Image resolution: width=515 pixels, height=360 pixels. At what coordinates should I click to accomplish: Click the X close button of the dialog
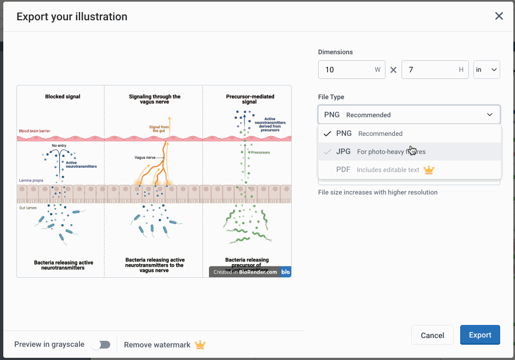499,16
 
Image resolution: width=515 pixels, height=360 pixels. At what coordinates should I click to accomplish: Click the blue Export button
480,335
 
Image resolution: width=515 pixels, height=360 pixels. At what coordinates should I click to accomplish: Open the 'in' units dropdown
486,70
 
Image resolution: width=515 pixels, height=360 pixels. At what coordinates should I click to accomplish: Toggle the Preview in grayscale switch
101,345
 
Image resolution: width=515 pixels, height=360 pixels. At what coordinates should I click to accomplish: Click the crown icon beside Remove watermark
200,345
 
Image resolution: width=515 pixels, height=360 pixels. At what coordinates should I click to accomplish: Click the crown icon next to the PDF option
429,170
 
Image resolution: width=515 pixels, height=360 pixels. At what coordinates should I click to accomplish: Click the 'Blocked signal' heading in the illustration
63,97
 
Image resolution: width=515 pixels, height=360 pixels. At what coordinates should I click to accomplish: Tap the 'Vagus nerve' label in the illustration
145,157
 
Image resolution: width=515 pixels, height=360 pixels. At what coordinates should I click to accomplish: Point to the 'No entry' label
59,146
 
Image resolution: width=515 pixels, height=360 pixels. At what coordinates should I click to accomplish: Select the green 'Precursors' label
261,152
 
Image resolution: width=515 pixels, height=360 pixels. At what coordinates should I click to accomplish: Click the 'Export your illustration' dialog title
72,16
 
